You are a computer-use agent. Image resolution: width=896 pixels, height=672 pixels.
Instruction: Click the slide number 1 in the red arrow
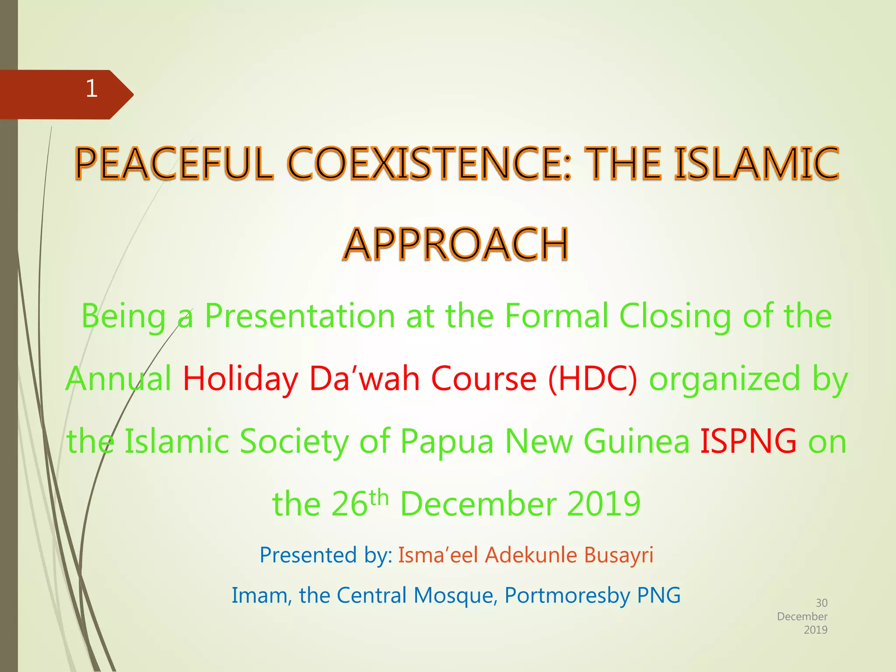tap(91, 89)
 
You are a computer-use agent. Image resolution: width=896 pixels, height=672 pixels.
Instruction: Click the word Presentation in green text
tap(300, 316)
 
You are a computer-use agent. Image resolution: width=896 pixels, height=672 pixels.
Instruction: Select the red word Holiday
tap(240, 379)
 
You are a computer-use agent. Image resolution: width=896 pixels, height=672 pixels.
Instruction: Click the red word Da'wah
tap(364, 379)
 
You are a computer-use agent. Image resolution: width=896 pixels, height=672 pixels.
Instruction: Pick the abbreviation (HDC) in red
tap(593, 379)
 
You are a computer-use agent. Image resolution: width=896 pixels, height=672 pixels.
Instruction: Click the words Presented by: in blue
tap(325, 555)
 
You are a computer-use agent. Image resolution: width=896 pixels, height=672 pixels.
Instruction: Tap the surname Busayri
tap(619, 555)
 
